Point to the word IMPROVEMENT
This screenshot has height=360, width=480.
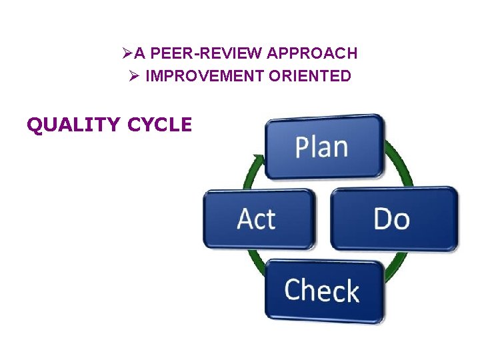coord(205,76)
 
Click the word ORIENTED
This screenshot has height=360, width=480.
coord(310,76)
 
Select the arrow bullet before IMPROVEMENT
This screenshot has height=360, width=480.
coord(133,76)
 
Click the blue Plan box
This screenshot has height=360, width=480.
coord(324,146)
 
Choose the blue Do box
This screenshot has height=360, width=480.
coord(393,219)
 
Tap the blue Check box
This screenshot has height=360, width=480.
coord(324,291)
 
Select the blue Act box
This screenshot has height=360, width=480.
coord(257,219)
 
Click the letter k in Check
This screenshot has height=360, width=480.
coord(351,291)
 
